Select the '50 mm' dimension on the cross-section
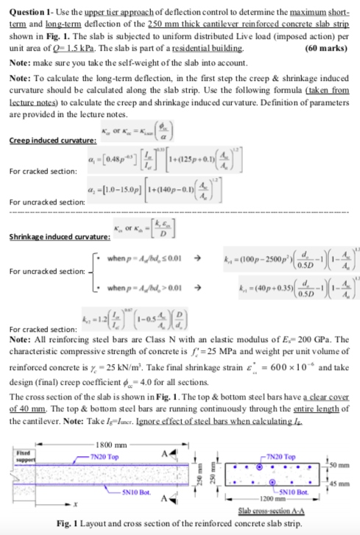(x=346, y=464)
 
